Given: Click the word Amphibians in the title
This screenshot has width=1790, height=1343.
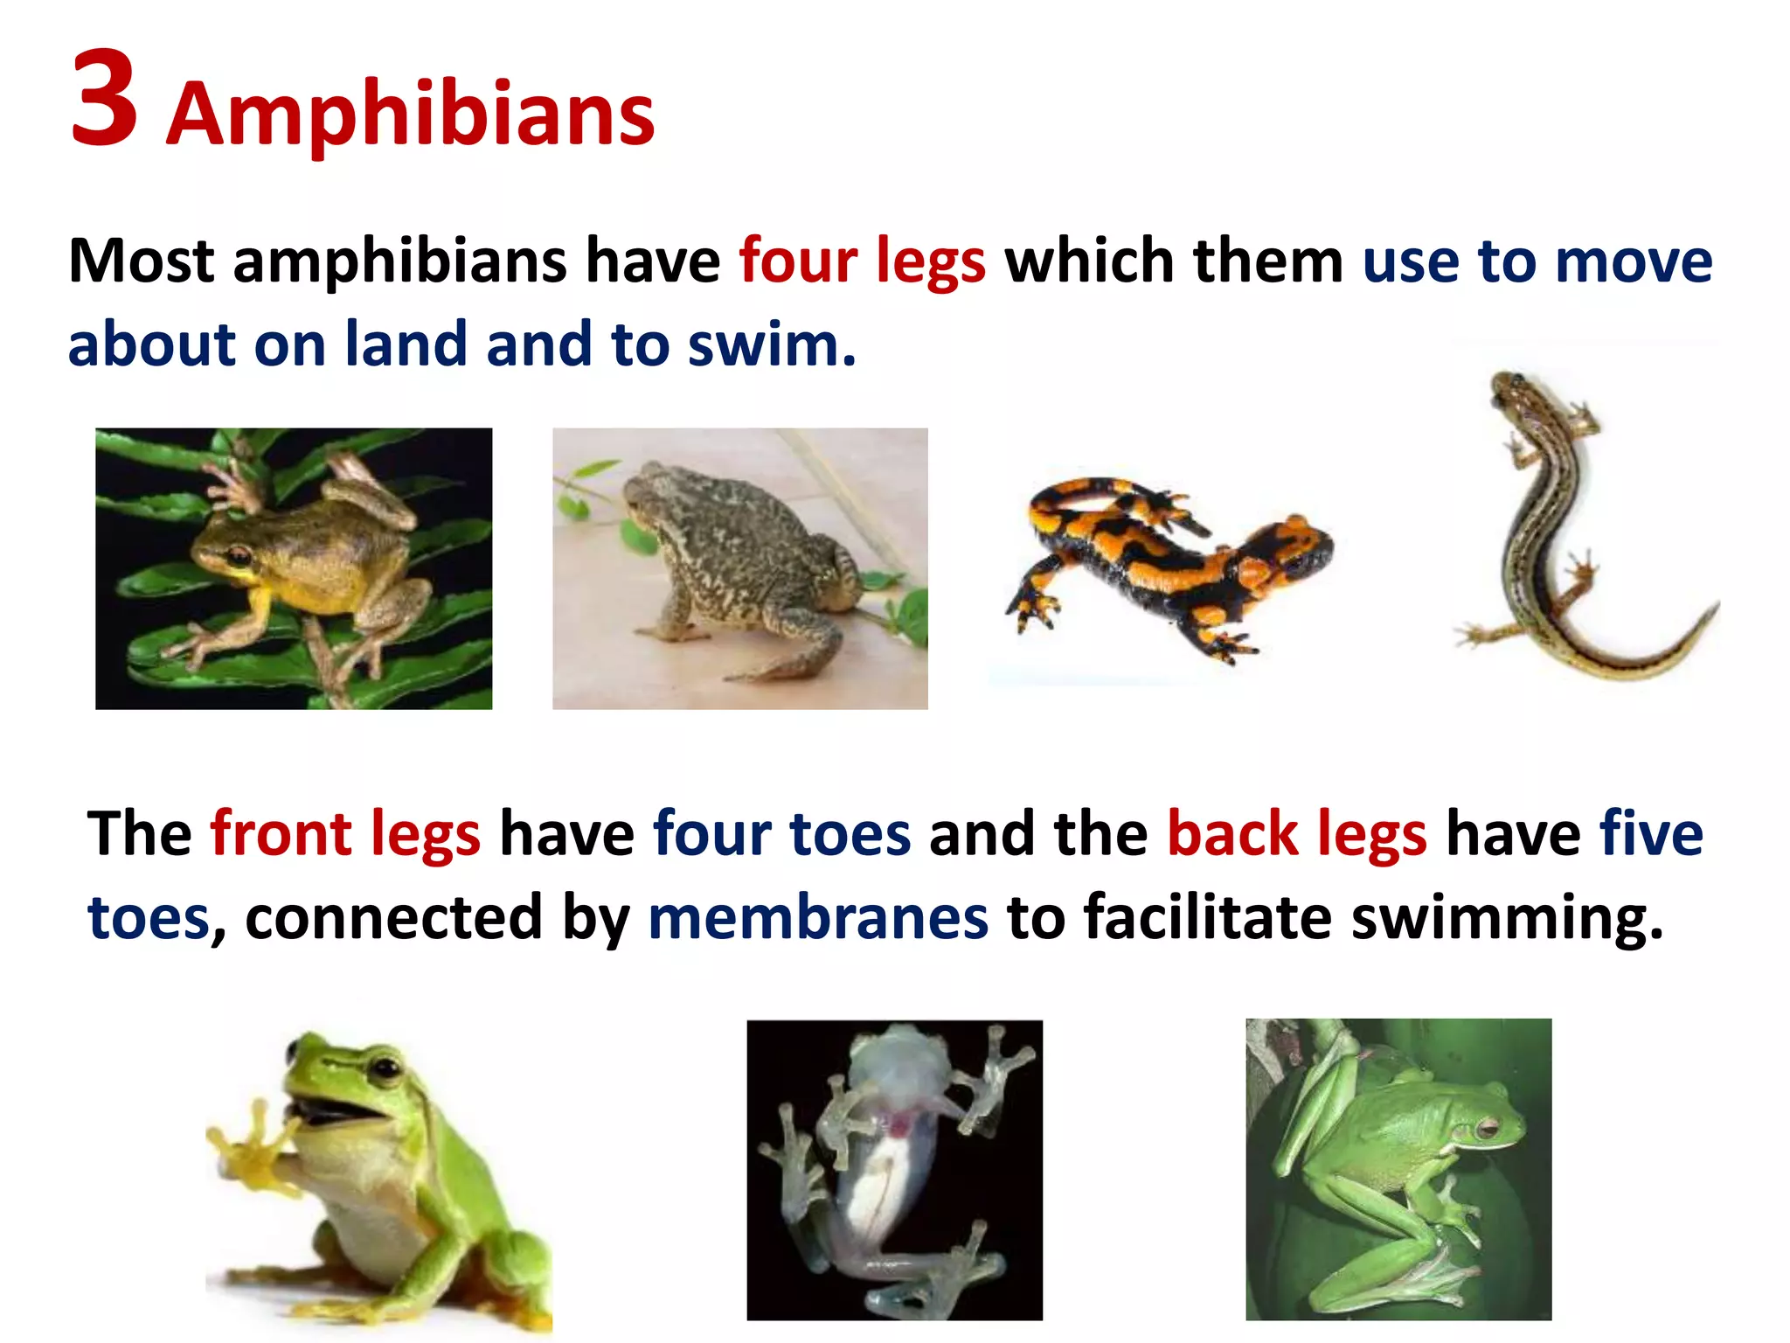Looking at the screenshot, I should [x=410, y=114].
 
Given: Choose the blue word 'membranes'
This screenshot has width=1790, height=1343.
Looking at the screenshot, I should [x=818, y=917].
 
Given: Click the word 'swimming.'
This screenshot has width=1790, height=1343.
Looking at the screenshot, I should [x=1507, y=917].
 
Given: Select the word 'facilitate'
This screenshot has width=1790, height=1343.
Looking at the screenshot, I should [x=1207, y=917].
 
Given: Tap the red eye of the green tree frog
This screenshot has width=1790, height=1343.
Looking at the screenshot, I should [x=1486, y=1128].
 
